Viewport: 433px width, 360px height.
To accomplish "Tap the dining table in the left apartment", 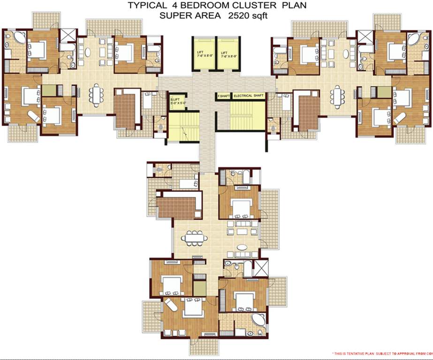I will pos(96,95).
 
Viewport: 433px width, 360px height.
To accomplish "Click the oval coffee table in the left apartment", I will pos(87,52).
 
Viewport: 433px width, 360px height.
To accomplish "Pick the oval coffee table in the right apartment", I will pos(347,53).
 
